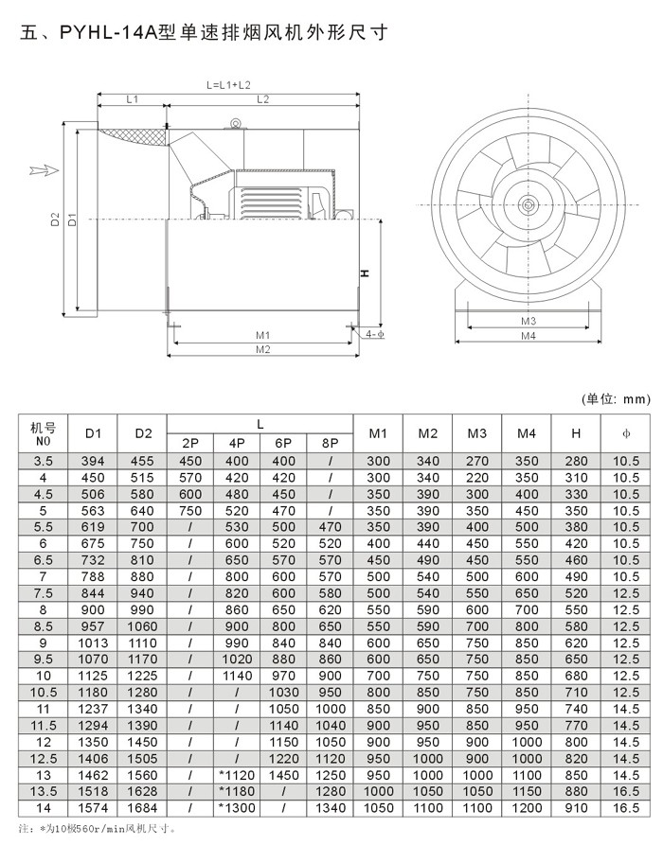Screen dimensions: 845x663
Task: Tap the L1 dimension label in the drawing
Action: point(133,98)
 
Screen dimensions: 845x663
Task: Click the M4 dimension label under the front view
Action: point(528,336)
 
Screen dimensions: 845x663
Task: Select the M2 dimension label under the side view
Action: point(263,350)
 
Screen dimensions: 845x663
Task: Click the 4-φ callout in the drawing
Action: point(373,334)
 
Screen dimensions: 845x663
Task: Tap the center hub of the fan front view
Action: point(527,202)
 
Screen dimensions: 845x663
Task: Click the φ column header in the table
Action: point(625,433)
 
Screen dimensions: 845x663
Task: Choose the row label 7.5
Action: point(44,593)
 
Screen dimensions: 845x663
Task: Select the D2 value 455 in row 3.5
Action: point(142,461)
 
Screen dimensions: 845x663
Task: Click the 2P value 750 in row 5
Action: point(190,511)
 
